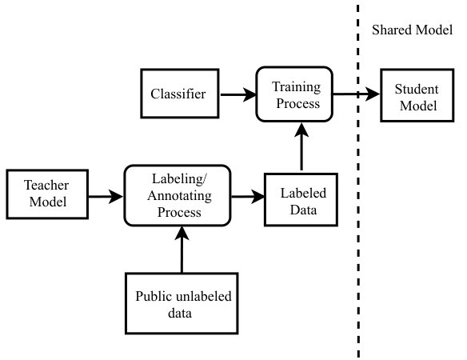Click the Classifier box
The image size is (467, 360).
tap(180, 94)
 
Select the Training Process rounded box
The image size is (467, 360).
tap(294, 94)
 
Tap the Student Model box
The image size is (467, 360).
tap(417, 95)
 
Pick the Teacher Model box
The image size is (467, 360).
tap(47, 194)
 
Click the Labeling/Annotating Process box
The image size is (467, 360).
tap(178, 195)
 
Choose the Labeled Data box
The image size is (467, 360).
tap(301, 200)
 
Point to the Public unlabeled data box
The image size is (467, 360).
tap(182, 303)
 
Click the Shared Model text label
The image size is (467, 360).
tap(412, 30)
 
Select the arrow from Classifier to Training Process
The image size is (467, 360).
tap(238, 94)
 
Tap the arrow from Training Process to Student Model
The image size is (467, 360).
tap(356, 94)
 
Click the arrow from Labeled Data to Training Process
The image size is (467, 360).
tap(301, 147)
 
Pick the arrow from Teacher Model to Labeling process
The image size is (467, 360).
tap(106, 196)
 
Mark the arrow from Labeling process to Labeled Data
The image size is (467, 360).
tap(248, 196)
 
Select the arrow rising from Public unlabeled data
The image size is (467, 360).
tap(182, 250)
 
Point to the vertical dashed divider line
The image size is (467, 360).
tap(358, 181)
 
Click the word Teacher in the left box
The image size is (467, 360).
tap(46, 185)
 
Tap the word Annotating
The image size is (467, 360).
tap(179, 196)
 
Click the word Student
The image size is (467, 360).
tap(417, 89)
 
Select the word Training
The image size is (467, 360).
tap(297, 87)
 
